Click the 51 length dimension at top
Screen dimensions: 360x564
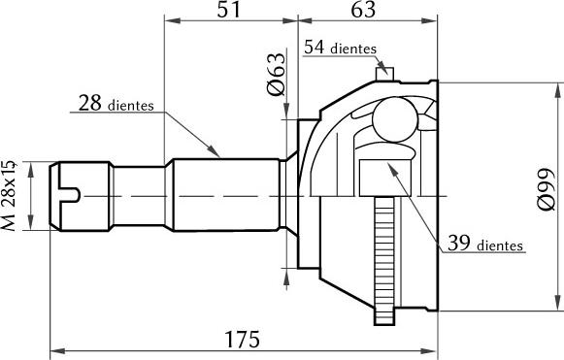(x=230, y=11)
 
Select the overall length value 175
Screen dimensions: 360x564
(x=242, y=339)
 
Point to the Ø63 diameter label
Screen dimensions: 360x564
(x=277, y=76)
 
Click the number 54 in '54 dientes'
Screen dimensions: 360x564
(x=315, y=47)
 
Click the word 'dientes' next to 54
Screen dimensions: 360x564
(x=353, y=49)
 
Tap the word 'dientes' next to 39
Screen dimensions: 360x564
(x=500, y=245)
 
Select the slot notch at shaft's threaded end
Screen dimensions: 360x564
(x=68, y=196)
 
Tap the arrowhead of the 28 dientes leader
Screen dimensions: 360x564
(x=217, y=152)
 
